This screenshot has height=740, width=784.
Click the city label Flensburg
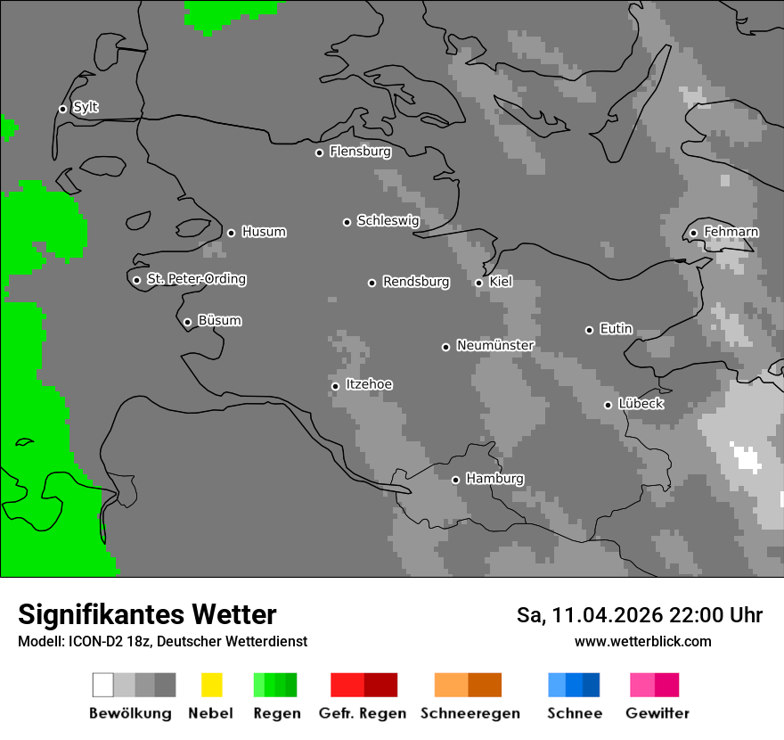point(360,152)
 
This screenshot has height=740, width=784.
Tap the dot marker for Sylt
point(62,109)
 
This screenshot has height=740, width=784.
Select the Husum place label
point(264,232)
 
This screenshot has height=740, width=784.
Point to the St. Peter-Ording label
point(196,279)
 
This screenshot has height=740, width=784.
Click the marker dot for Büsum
point(187,322)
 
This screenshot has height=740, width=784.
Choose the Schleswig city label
point(388,220)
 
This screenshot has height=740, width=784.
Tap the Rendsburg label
point(416,282)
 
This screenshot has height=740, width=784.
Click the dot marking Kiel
point(478,283)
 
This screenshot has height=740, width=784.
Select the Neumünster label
point(495,345)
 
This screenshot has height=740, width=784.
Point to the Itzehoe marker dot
point(335,386)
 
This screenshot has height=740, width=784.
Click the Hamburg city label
point(494,479)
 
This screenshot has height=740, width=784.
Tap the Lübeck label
point(641,404)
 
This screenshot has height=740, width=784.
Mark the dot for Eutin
point(589,330)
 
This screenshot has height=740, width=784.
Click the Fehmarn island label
point(731,232)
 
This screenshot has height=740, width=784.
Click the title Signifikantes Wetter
point(147,614)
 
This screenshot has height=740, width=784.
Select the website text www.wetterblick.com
point(642,641)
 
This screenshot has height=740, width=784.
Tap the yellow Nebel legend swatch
point(211,685)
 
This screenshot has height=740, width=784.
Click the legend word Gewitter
point(657,713)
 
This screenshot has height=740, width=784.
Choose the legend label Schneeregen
point(470,713)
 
